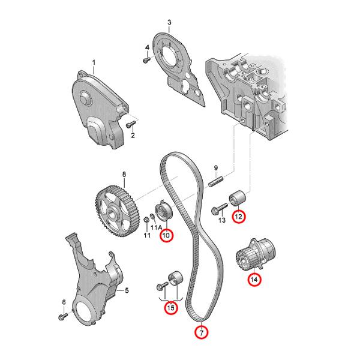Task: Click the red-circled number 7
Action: [202, 332]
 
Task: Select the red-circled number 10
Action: [166, 235]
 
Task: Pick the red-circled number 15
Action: [171, 308]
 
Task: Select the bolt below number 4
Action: [145, 60]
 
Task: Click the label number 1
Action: [94, 62]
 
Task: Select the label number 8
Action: [124, 175]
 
